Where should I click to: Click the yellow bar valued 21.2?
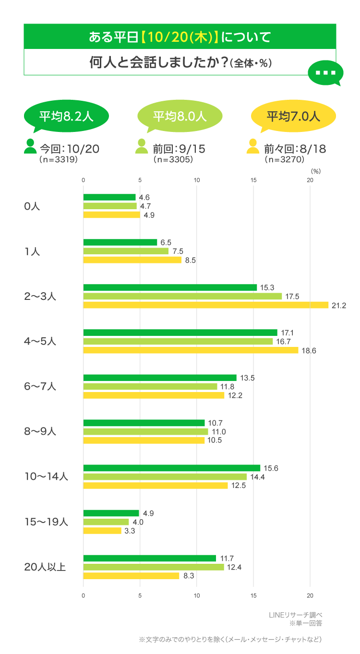pyautogui.click(x=205, y=305)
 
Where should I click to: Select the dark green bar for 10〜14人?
pyautogui.click(x=171, y=468)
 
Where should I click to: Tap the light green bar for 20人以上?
pyautogui.click(x=154, y=567)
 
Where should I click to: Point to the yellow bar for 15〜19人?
pyautogui.click(x=102, y=531)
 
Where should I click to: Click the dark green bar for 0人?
pyautogui.click(x=109, y=197)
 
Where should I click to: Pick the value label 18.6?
pyautogui.click(x=308, y=351)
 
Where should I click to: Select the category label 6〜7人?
pyautogui.click(x=40, y=386)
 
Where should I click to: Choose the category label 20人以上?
pyautogui.click(x=45, y=567)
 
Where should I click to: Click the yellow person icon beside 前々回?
pyautogui.click(x=253, y=146)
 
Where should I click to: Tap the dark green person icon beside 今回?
pyautogui.click(x=30, y=146)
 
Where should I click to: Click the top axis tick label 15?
pyautogui.click(x=253, y=180)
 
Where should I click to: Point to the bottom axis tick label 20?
pyautogui.click(x=310, y=596)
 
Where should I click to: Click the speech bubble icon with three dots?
pyautogui.click(x=325, y=73)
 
